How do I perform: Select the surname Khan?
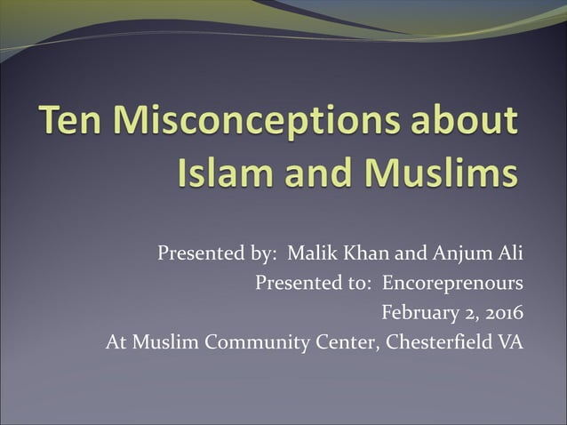click(367, 254)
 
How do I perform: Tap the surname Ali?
click(510, 254)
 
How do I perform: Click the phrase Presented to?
click(312, 284)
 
